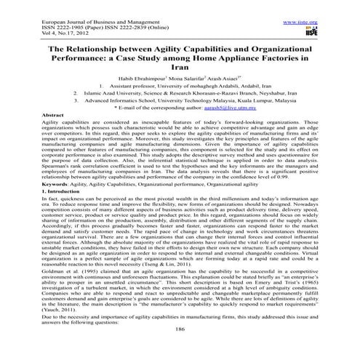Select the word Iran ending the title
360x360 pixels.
179,63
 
